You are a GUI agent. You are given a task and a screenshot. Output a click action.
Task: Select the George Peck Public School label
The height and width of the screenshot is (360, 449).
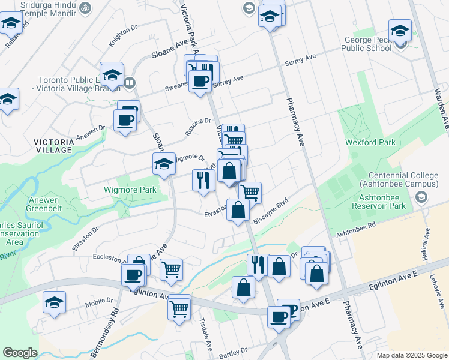[368, 44]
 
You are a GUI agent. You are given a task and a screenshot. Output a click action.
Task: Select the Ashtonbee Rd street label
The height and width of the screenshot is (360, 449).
[355, 229]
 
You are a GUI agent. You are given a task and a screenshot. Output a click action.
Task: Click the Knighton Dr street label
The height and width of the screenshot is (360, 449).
[123, 37]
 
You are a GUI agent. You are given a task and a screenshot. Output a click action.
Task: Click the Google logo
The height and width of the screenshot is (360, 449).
[20, 353]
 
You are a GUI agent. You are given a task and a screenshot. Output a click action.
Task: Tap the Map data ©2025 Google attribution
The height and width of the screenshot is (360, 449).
[411, 355]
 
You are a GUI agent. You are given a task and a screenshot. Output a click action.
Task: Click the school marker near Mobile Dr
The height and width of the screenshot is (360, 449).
[55, 303]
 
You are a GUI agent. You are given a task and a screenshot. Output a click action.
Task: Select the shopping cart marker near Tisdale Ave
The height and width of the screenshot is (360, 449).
[179, 308]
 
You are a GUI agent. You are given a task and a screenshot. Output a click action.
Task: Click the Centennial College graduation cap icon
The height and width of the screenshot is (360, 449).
[421, 197]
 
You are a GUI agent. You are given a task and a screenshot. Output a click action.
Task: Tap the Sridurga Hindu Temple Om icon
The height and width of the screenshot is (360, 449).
[83, 9]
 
